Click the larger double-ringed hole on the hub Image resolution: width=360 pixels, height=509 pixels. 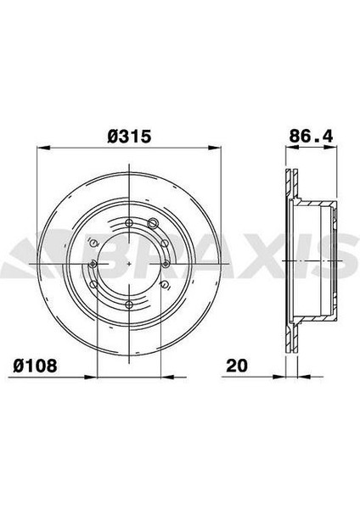point(152,223)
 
